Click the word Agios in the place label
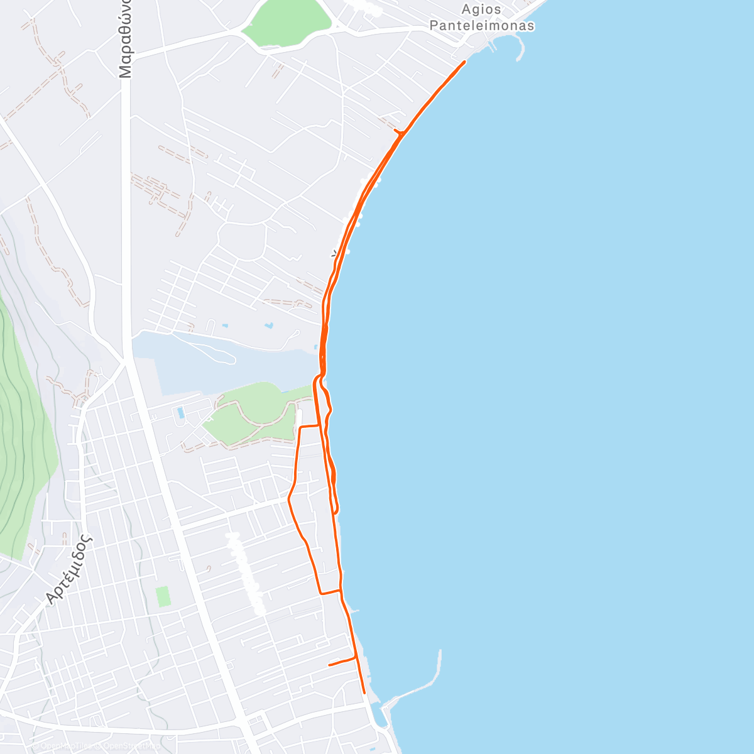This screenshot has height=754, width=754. coord(482,9)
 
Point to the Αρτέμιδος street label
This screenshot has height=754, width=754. coord(69,570)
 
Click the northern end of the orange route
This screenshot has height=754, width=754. coord(464,62)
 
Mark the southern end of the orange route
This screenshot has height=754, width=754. coord(364,693)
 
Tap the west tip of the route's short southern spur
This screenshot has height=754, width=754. coord(329,665)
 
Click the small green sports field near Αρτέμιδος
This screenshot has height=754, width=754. coord(163,596)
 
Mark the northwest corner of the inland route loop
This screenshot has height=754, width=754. coord(300,427)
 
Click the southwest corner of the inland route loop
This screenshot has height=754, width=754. coord(321,593)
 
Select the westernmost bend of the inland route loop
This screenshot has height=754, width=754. coord(288,500)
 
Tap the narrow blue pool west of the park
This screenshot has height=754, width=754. coord(181,413)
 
